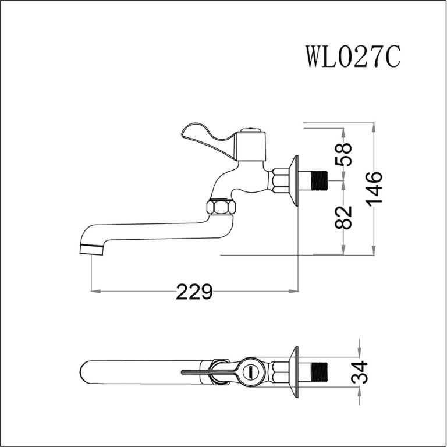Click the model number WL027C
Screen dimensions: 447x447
[352, 56]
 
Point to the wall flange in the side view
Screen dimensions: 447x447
[296, 180]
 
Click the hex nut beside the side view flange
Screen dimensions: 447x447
[281, 180]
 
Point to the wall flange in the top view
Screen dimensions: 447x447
[296, 371]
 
